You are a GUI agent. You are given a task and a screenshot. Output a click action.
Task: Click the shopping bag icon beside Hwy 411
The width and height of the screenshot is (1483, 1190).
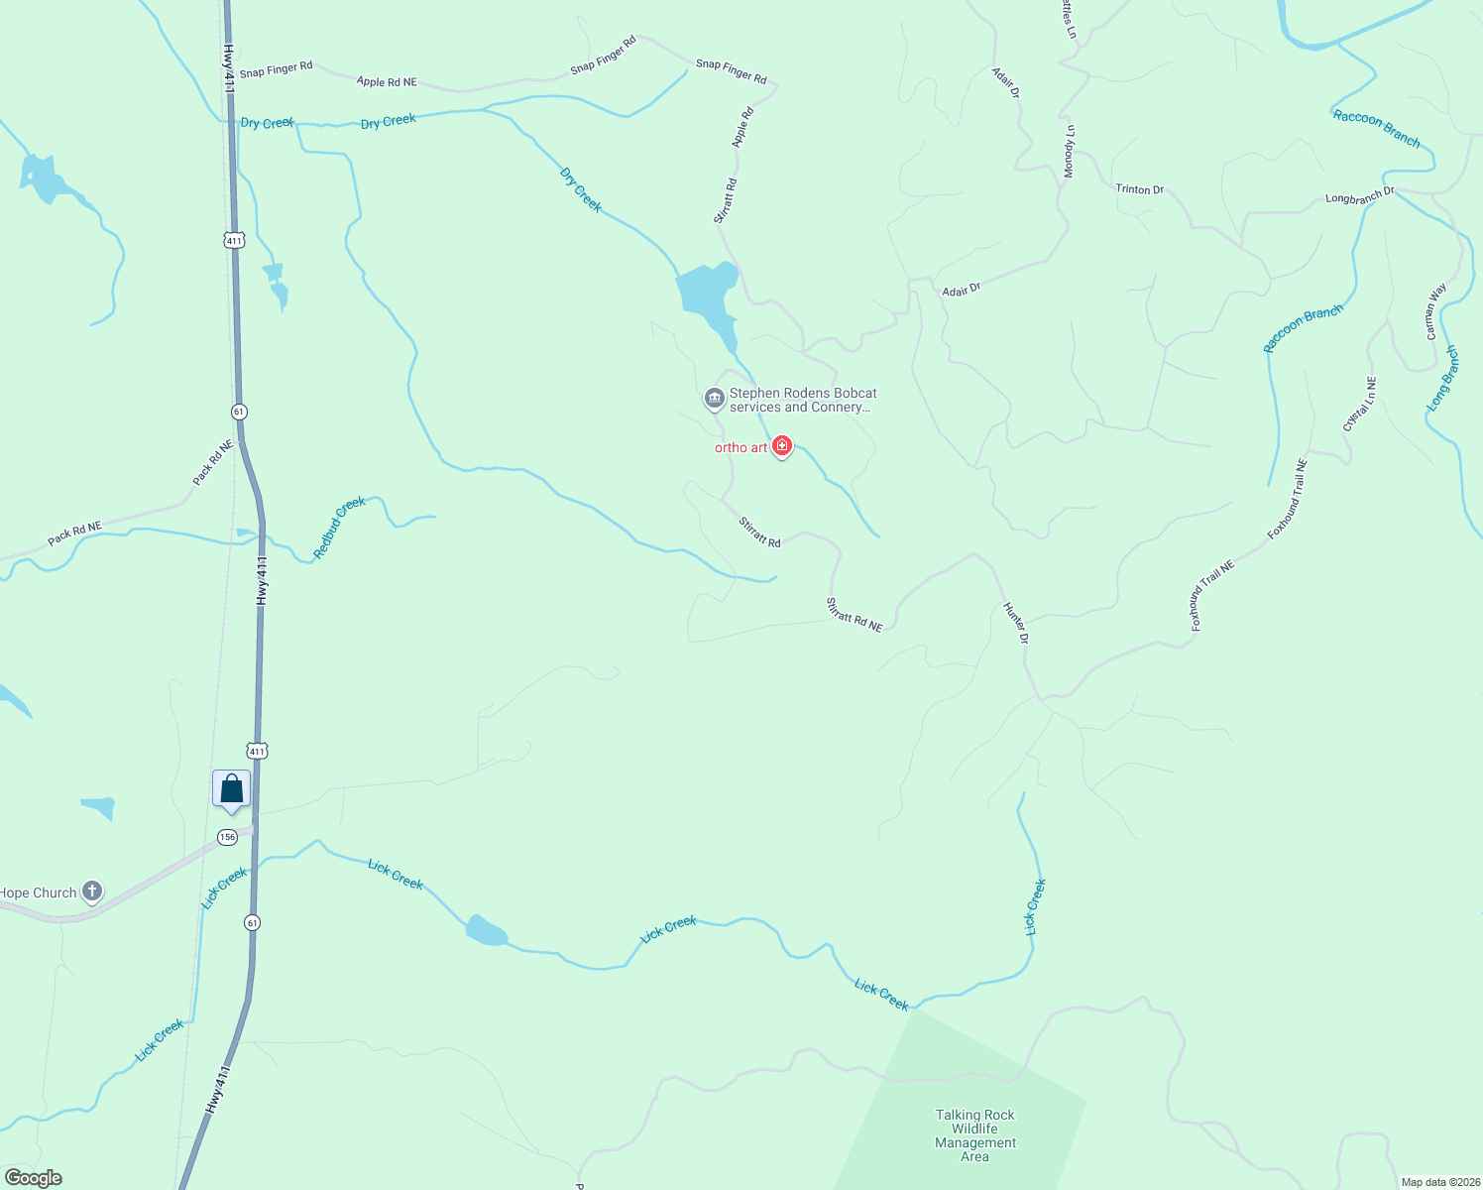tap(231, 789)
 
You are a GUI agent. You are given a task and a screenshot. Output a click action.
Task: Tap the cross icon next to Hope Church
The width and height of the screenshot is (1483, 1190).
tap(91, 892)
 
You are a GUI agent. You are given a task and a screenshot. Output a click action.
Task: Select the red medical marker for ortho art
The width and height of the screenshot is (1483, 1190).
tap(782, 446)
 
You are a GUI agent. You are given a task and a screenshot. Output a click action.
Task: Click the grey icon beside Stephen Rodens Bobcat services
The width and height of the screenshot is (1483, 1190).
tap(714, 399)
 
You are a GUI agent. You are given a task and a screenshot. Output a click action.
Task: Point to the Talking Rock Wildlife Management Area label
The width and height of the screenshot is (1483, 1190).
tap(974, 1135)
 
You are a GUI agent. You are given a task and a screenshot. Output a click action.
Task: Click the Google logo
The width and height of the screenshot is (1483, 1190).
tap(33, 1178)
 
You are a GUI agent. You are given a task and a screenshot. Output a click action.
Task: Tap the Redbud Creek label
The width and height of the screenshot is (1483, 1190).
tap(340, 527)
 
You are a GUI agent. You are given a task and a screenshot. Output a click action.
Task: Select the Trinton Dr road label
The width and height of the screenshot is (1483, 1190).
tap(1139, 188)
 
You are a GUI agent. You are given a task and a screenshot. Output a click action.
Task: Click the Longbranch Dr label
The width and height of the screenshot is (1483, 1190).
tap(1359, 195)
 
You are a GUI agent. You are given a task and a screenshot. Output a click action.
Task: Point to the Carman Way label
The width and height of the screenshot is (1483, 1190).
tap(1435, 311)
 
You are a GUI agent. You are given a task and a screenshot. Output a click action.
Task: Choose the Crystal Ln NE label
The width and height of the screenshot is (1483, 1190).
tap(1359, 404)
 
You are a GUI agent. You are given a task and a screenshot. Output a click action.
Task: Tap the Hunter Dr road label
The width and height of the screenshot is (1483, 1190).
tap(1016, 623)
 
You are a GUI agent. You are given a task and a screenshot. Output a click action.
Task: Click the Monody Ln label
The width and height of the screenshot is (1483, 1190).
tap(1069, 152)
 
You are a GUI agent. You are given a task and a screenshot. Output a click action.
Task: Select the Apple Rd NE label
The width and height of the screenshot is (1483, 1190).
tap(387, 82)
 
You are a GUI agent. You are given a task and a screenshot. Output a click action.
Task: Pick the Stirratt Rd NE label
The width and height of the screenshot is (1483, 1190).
tap(855, 614)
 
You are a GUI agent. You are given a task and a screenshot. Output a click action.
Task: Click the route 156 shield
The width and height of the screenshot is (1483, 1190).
tap(228, 837)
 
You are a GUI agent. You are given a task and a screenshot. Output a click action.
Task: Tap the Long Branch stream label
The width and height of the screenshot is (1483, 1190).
tap(1443, 378)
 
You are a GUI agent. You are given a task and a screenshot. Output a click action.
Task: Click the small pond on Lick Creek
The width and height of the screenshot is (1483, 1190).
tap(487, 931)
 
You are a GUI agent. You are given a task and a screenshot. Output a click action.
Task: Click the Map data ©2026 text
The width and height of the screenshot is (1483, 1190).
tap(1440, 1182)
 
